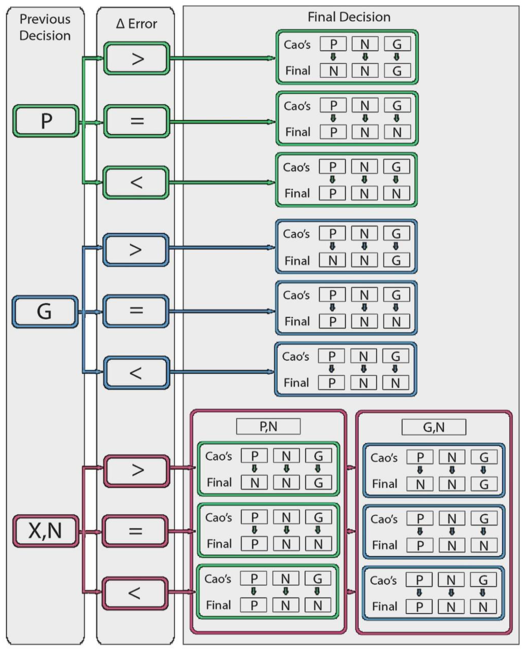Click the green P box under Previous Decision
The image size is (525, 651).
coord(46,121)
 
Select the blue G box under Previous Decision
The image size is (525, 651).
coord(45,311)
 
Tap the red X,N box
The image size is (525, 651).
coord(46,531)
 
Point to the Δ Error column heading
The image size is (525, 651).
coord(136,24)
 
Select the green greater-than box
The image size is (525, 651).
coord(137,58)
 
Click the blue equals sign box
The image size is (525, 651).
coord(136,311)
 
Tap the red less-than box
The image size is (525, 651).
coord(135,593)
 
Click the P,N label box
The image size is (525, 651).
coord(268,427)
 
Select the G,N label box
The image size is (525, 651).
coord(434,427)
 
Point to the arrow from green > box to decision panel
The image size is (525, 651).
coord(222,58)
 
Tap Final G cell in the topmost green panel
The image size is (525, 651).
coord(397,71)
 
